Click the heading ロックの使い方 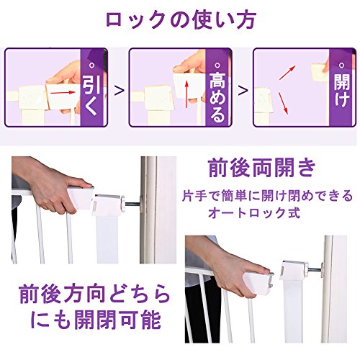pyautogui.click(x=181, y=20)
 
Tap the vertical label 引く pyautogui.click(x=91, y=94)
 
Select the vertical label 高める pyautogui.click(x=217, y=95)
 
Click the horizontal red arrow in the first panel pyautogui.click(x=63, y=92)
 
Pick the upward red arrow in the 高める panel pyautogui.click(x=187, y=94)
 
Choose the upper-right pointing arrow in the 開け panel pyautogui.click(x=287, y=72)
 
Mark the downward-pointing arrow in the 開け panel pyautogui.click(x=283, y=103)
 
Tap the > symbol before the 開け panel pyautogui.click(x=243, y=91)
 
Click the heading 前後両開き pyautogui.click(x=261, y=168)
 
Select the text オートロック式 pyautogui.click(x=254, y=212)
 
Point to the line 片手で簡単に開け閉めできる pyautogui.click(x=268, y=196)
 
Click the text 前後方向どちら pyautogui.click(x=94, y=294)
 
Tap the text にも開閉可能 pyautogui.click(x=96, y=320)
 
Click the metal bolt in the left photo pyautogui.click(x=132, y=204)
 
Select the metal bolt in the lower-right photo pyautogui.click(x=315, y=269)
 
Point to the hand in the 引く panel pyautogui.click(x=66, y=79)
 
